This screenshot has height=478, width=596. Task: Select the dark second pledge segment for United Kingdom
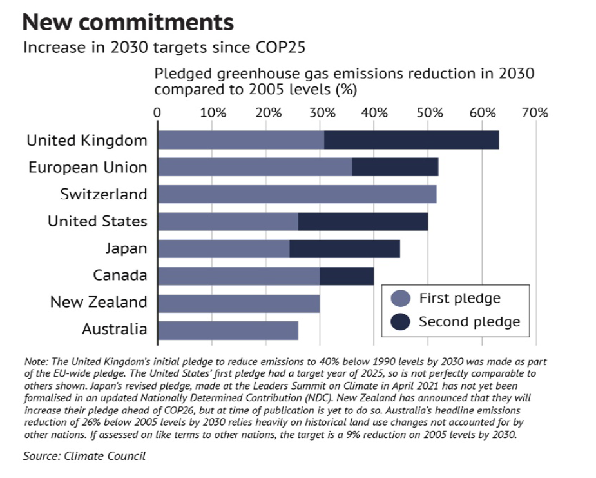[x=411, y=140]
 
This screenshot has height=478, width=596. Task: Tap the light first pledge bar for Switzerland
[x=297, y=194]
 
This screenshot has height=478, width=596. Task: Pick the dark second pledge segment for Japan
[x=345, y=248]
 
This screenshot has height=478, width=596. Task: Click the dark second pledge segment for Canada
[x=347, y=275]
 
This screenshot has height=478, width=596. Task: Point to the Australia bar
[x=228, y=330]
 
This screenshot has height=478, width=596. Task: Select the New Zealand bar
[x=238, y=303]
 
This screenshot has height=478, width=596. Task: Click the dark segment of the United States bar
[x=363, y=221]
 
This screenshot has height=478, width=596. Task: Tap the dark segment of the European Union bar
[x=395, y=167]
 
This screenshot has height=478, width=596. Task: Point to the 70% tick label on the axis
[x=534, y=113]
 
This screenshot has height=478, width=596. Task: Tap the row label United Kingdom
[x=87, y=141]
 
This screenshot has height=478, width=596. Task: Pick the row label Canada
[x=120, y=275]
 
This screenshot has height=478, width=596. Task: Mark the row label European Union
[x=88, y=168]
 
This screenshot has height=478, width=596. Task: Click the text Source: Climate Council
[x=84, y=456]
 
